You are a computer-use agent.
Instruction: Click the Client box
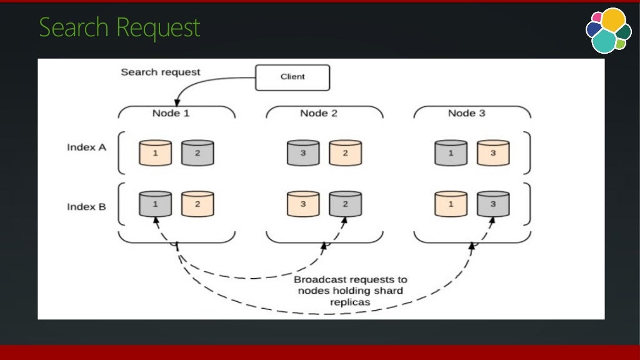pyautogui.click(x=292, y=77)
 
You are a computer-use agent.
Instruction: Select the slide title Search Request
pyautogui.click(x=119, y=28)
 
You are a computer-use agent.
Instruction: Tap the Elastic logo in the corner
pyautogui.click(x=607, y=30)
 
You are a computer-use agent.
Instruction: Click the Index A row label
pyautogui.click(x=86, y=147)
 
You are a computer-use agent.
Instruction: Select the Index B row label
pyautogui.click(x=86, y=206)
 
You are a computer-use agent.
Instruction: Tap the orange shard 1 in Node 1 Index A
pyautogui.click(x=155, y=153)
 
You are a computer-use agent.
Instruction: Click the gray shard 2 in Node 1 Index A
pyautogui.click(x=197, y=153)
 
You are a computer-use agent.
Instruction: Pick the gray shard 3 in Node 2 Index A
pyautogui.click(x=303, y=153)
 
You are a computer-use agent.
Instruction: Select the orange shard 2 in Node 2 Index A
pyautogui.click(x=346, y=153)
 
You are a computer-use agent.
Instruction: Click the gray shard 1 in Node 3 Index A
pyautogui.click(x=451, y=153)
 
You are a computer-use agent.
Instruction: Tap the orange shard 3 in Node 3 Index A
pyautogui.click(x=492, y=153)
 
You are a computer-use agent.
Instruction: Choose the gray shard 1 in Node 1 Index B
pyautogui.click(x=155, y=204)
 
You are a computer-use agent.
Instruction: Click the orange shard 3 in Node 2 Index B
pyautogui.click(x=303, y=204)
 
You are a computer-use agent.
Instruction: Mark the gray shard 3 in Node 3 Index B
pyautogui.click(x=492, y=204)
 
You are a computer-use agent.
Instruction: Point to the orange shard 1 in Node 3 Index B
pyautogui.click(x=451, y=204)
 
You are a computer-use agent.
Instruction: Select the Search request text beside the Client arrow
pyautogui.click(x=161, y=72)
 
